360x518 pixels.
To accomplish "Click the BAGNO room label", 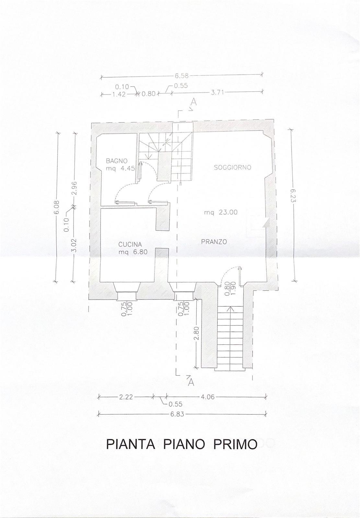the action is point(117,161).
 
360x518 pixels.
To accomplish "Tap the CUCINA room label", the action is point(130,244).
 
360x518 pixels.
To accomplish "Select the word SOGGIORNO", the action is point(232,167).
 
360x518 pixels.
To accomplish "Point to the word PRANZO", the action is point(214,242).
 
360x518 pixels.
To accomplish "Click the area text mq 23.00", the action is point(221,212).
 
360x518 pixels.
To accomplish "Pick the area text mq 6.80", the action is point(133,252).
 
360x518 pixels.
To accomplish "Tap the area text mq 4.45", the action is point(121,168).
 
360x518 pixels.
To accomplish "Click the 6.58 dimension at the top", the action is point(182,75).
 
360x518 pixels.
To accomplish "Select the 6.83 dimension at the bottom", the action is point(177,414).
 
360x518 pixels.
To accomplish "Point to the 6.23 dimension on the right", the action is point(293,196).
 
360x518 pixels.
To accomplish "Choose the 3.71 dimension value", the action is point(217,93).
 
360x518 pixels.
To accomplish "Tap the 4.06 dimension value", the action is point(207,397).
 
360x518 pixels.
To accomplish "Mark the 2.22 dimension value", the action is point(126,397).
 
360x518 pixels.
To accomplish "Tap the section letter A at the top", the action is point(194,102).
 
